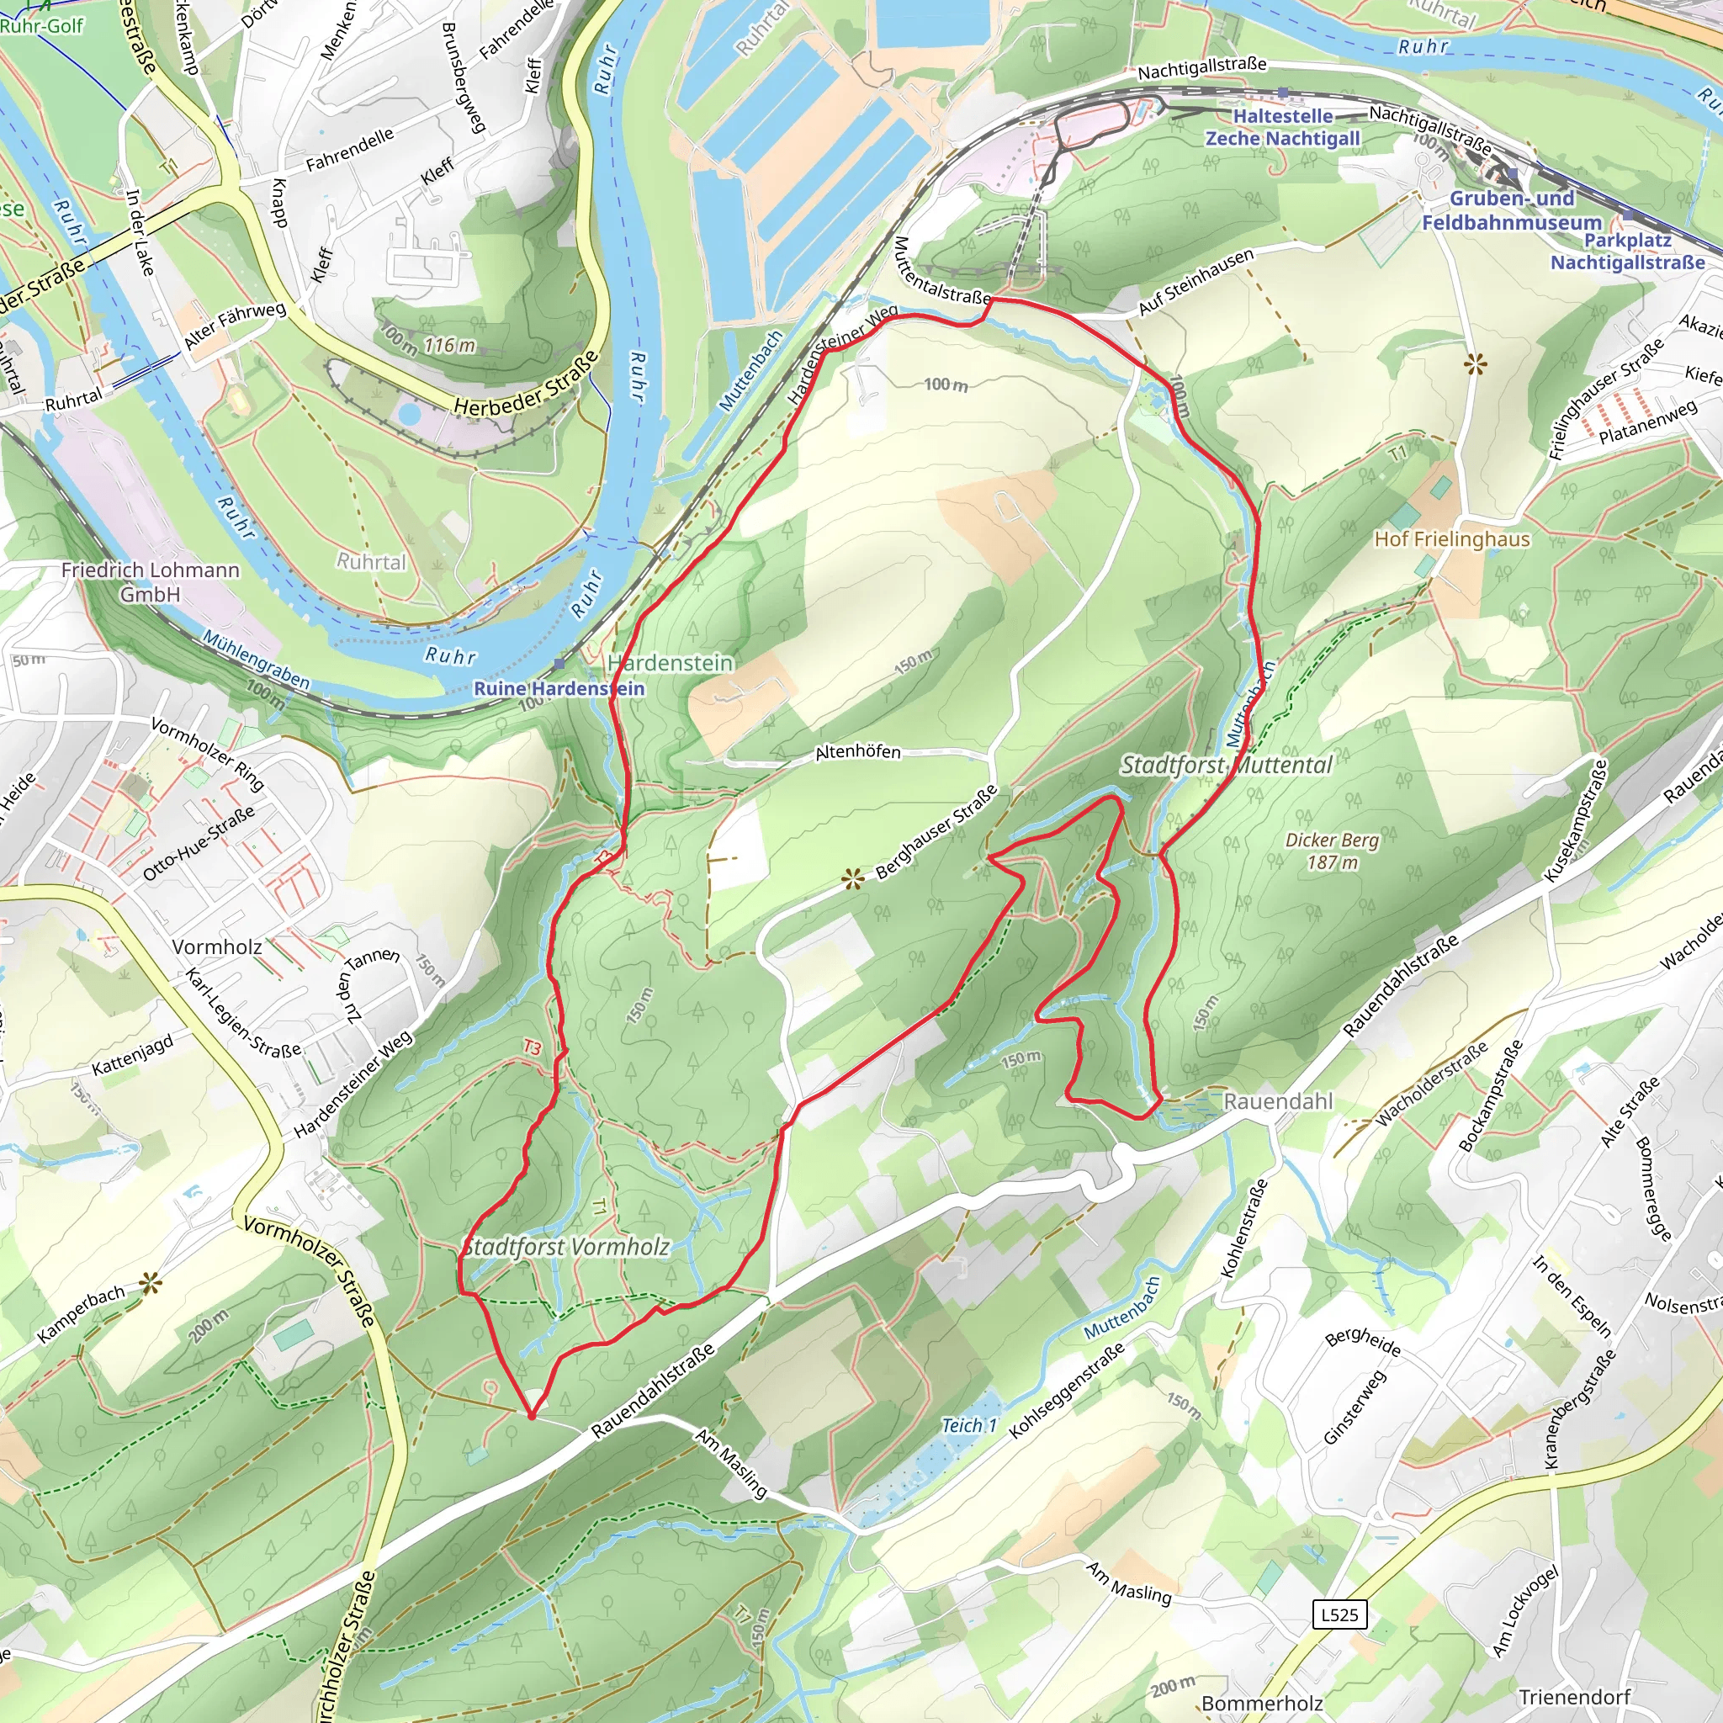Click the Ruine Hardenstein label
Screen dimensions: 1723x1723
click(559, 688)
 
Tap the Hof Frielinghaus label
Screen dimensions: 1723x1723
click(1452, 539)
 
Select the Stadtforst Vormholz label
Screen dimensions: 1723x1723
click(566, 1247)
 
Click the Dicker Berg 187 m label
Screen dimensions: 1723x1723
click(1333, 851)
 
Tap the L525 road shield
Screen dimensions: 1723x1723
click(1339, 1614)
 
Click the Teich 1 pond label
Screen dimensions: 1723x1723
click(969, 1426)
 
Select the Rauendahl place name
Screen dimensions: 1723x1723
click(1278, 1101)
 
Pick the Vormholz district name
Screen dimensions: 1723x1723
click(217, 947)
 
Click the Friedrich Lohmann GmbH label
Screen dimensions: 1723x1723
click(150, 581)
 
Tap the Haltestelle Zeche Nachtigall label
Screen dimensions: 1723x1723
click(1282, 128)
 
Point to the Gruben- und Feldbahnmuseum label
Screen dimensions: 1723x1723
click(1512, 210)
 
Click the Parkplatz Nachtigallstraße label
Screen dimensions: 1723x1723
click(1628, 252)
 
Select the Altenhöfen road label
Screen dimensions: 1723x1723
click(858, 752)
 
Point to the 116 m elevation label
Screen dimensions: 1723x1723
click(449, 345)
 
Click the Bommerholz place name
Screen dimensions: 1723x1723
click(1262, 1704)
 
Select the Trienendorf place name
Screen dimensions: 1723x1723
click(1575, 1696)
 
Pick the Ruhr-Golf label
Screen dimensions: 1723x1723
click(42, 26)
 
